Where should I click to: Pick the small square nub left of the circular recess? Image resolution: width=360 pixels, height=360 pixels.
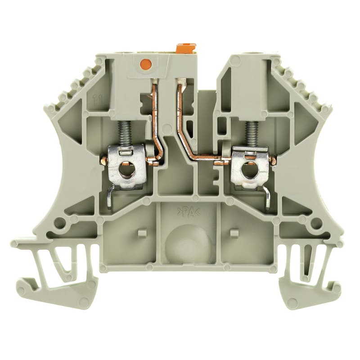(x=141, y=233)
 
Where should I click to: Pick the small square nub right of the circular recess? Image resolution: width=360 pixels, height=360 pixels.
(x=233, y=233)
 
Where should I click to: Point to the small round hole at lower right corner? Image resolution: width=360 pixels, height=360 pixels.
(x=316, y=222)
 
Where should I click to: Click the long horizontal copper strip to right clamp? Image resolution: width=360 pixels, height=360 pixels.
(x=202, y=158)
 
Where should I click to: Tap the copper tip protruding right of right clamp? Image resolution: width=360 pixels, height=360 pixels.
(x=272, y=161)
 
